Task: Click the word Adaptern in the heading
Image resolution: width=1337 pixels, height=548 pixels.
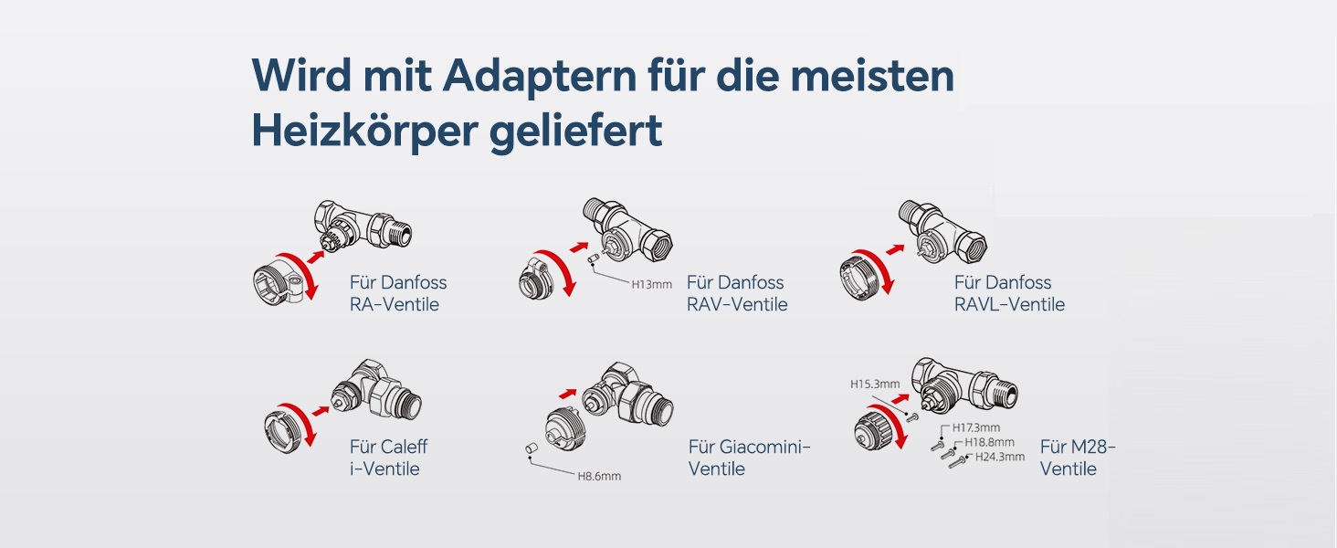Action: coord(540,77)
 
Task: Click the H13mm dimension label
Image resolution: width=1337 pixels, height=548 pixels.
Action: coord(652,285)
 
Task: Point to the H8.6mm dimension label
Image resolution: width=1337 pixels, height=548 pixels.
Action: coord(599,477)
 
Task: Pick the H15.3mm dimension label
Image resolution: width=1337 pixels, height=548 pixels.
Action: coord(875,384)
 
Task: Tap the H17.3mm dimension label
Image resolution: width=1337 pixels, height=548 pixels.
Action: coord(976,427)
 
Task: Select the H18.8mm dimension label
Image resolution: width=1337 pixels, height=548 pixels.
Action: coord(990,442)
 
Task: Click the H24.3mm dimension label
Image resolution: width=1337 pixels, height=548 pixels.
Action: coord(1000,458)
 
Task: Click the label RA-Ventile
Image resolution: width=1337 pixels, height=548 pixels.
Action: coord(395,304)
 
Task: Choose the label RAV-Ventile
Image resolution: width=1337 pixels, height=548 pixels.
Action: coord(737,304)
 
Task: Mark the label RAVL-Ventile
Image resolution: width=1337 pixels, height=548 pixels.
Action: coord(1009,304)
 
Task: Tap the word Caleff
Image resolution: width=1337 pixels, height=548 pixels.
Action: coord(405,447)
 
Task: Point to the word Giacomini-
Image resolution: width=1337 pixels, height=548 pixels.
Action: coord(765,447)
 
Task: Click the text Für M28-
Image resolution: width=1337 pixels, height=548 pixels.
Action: coord(1078,447)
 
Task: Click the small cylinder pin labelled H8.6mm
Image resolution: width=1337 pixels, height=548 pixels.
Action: coord(532,448)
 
